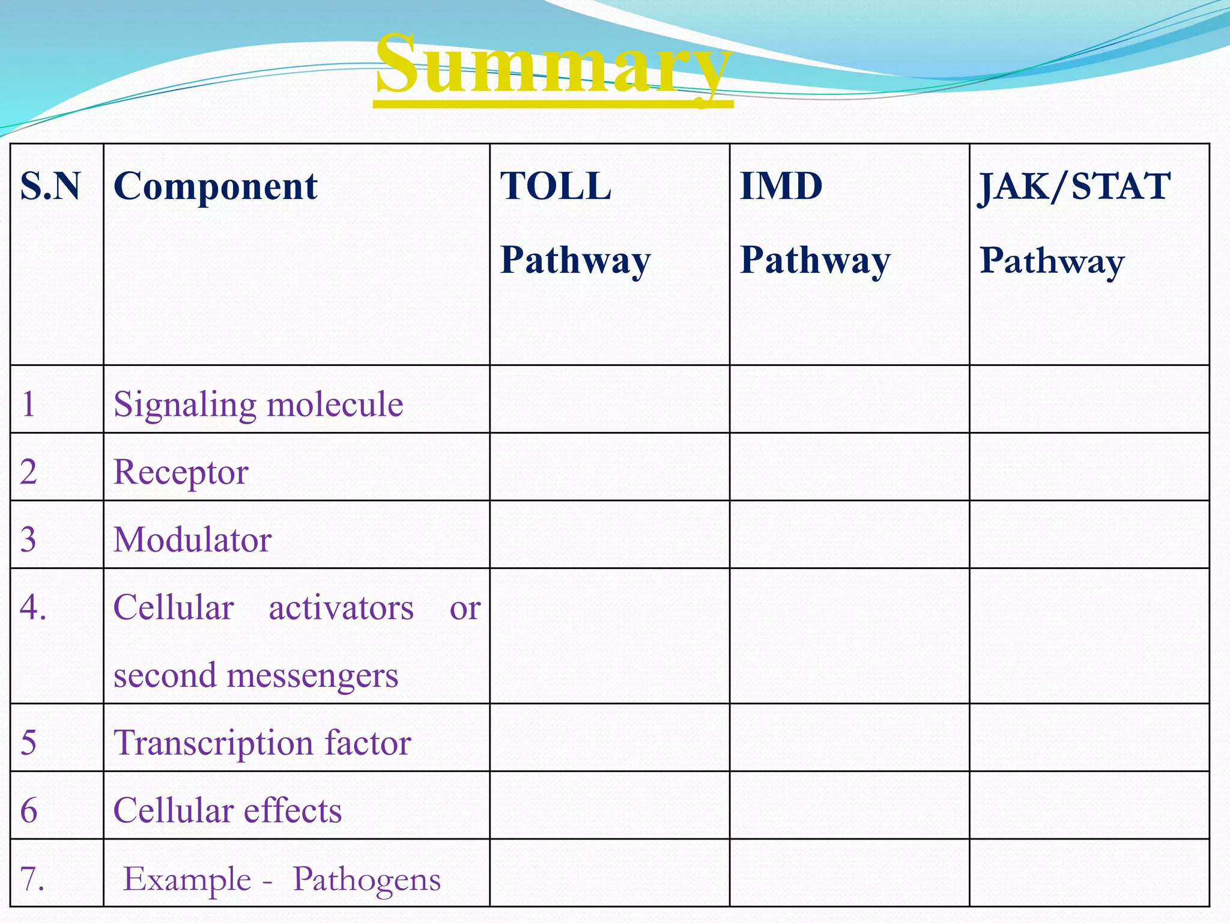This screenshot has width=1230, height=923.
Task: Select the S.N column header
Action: [50, 186]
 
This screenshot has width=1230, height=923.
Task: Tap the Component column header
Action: [215, 186]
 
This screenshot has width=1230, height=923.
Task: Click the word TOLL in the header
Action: [556, 186]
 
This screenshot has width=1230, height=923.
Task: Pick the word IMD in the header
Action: [781, 186]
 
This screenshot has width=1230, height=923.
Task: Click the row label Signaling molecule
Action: [258, 404]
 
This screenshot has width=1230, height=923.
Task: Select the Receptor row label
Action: [180, 472]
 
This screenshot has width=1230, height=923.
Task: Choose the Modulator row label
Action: [192, 540]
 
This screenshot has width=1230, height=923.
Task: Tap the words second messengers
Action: [256, 675]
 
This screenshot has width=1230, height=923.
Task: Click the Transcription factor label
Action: [262, 743]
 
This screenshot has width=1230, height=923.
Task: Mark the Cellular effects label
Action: [227, 811]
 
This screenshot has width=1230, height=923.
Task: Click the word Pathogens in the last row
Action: [366, 880]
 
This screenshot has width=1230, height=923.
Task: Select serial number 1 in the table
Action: [28, 404]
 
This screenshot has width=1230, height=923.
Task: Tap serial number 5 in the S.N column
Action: [28, 743]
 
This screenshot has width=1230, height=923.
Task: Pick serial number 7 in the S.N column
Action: [32, 879]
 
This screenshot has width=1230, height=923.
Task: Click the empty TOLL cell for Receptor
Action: [610, 467]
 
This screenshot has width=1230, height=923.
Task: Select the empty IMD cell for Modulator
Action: [849, 535]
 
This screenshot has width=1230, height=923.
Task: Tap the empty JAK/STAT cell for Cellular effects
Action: [1089, 805]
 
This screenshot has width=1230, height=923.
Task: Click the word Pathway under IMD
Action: [815, 261]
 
